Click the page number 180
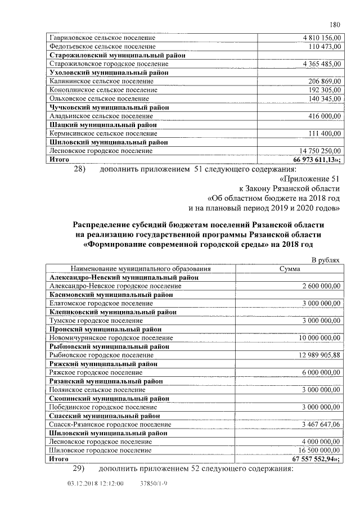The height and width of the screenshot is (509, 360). pyautogui.click(x=335, y=24)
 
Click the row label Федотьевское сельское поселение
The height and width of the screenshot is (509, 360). pyautogui.click(x=102, y=47)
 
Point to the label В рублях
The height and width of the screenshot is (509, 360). pyautogui.click(x=326, y=260)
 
